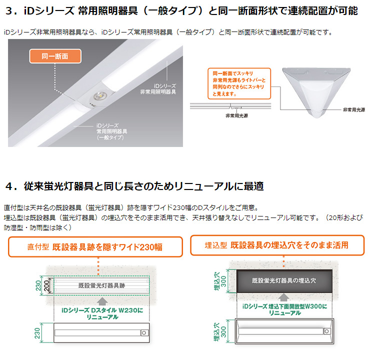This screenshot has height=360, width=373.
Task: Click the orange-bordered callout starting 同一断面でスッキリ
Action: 238,82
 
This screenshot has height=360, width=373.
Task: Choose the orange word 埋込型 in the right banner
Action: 215,245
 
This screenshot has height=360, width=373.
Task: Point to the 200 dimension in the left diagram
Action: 47,285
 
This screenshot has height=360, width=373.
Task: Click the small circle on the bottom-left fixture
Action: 144,332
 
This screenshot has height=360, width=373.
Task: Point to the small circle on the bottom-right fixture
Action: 326,330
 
